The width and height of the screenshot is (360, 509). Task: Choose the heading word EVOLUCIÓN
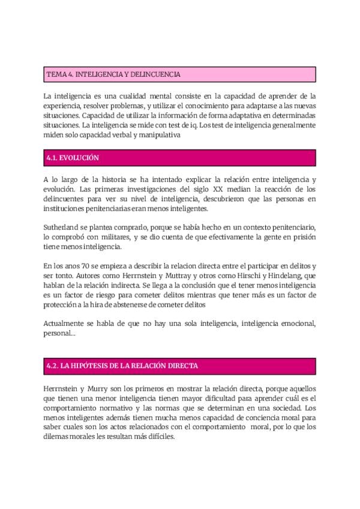pos(80,158)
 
